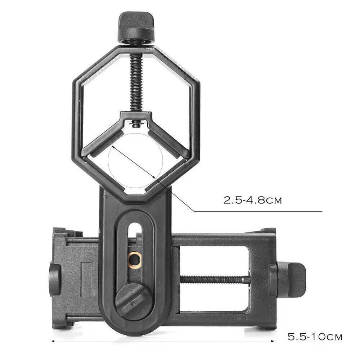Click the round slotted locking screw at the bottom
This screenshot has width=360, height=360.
tap(133, 301)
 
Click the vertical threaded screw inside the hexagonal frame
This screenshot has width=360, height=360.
tap(136, 83)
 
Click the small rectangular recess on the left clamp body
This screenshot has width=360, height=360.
tap(86, 279)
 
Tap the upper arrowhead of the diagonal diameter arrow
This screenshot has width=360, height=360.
tap(113, 147)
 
